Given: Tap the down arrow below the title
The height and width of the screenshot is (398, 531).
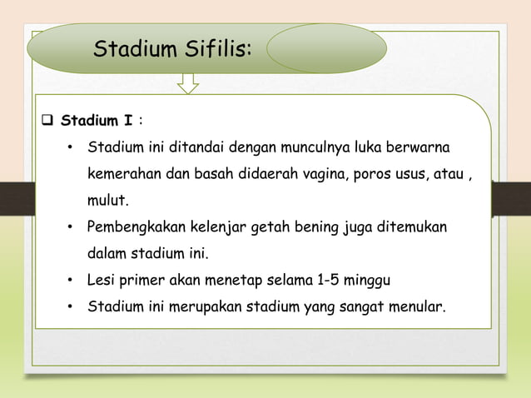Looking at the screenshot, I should tap(188, 82).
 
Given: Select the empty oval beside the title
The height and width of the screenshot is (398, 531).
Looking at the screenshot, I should tap(325, 47).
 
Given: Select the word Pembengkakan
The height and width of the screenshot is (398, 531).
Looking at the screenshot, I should tap(136, 226).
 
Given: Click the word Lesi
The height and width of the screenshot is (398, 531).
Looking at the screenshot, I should tap(103, 279).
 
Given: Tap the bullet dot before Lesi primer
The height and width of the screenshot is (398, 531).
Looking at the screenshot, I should tap(72, 280).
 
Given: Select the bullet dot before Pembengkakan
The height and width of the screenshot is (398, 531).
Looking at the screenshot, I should tap(72, 227).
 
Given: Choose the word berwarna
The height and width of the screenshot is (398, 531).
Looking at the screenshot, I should tap(419, 147).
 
